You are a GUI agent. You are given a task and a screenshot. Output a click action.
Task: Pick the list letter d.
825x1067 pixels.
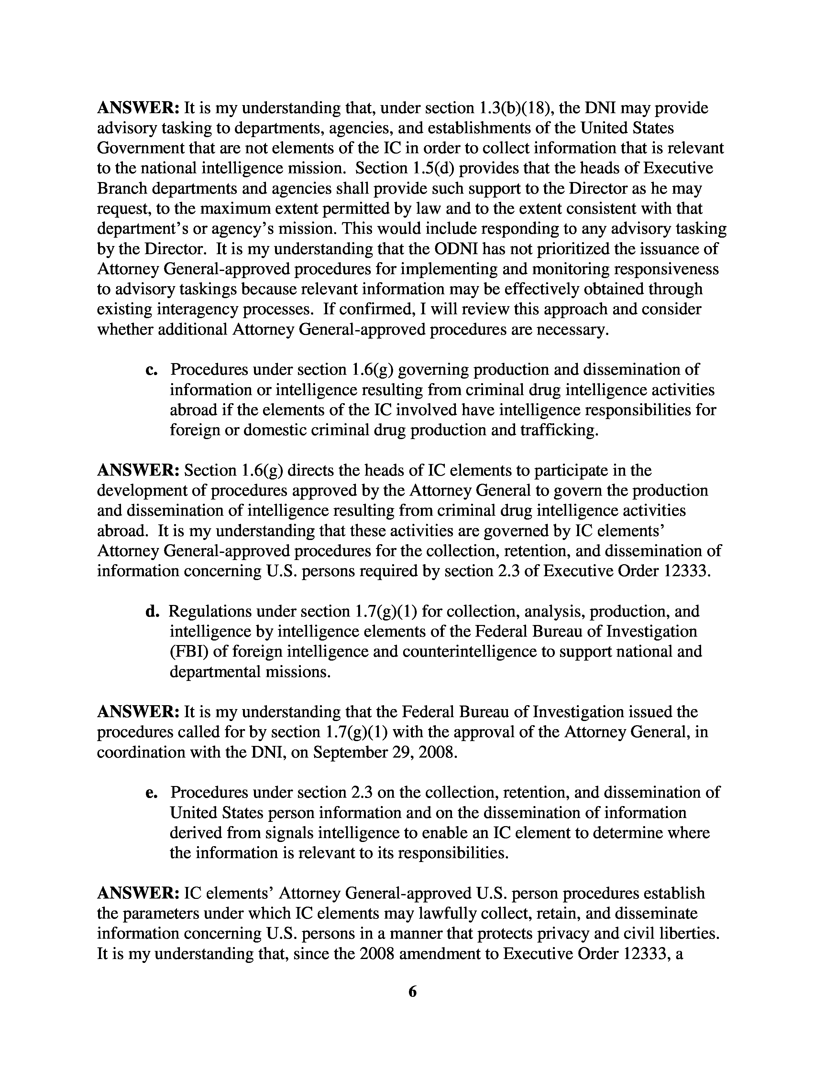click(152, 611)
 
